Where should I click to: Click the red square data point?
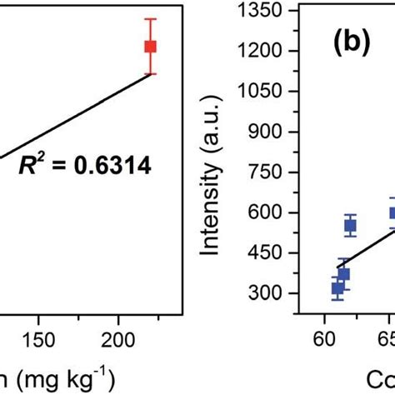tap(150, 47)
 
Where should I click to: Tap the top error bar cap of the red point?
tap(150, 19)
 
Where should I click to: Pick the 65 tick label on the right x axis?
tap(388, 340)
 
